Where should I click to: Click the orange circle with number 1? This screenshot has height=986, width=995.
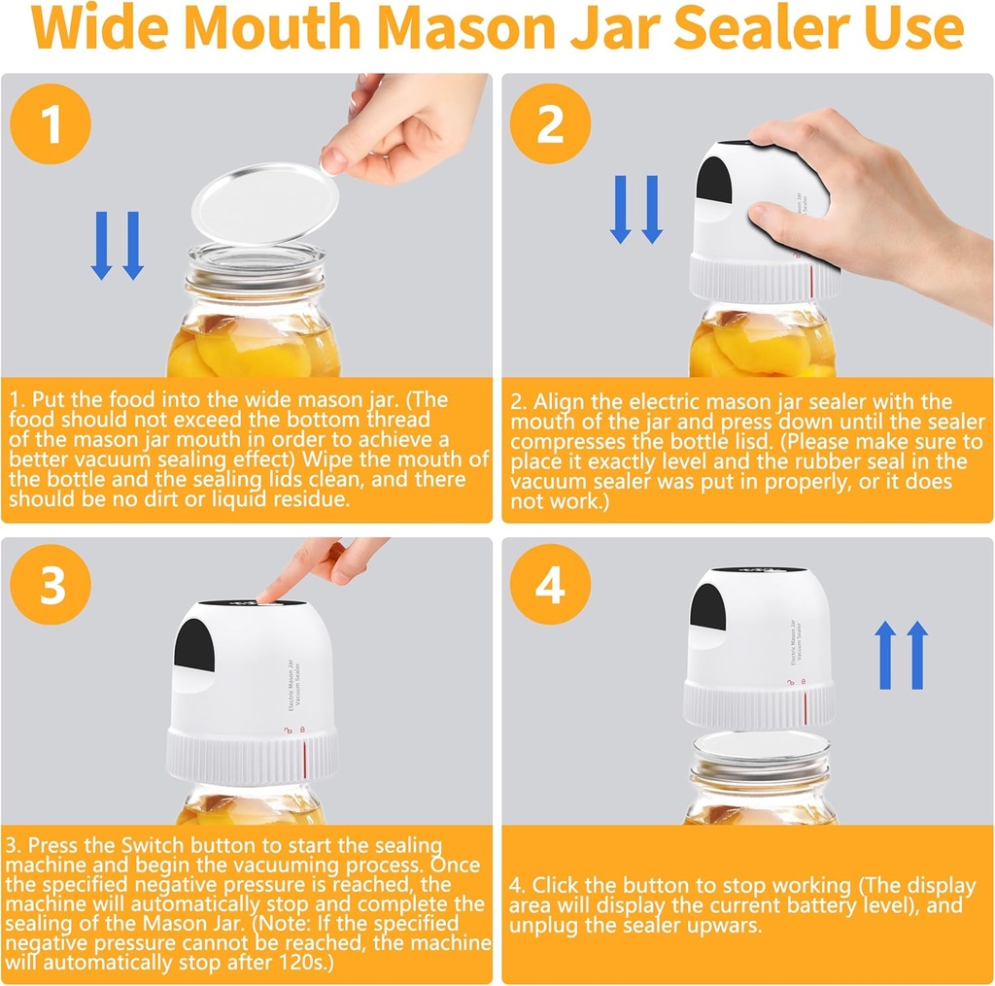click(51, 123)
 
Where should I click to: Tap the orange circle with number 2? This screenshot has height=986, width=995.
click(550, 123)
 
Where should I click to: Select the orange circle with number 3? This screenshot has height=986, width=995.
click(51, 586)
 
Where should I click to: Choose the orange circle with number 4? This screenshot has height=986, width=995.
click(550, 586)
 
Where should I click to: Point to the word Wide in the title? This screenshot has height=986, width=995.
click(101, 30)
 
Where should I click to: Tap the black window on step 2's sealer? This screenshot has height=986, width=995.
click(715, 181)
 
